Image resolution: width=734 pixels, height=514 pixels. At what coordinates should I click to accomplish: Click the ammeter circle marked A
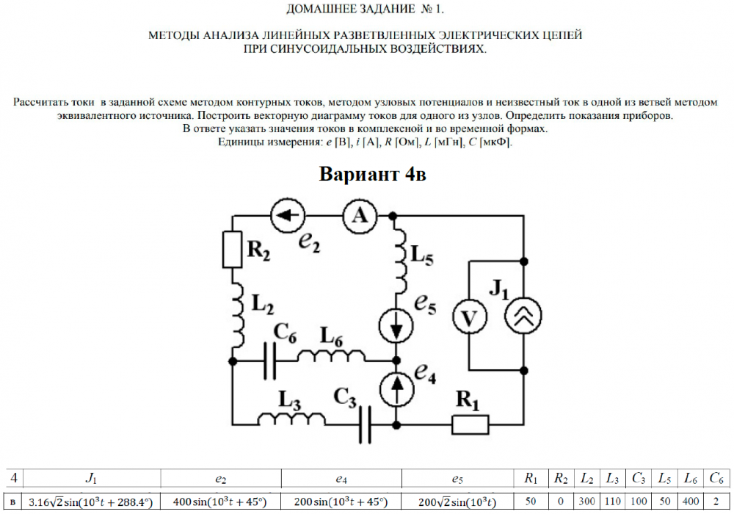(359, 215)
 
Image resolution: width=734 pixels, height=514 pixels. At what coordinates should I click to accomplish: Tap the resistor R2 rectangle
(232, 250)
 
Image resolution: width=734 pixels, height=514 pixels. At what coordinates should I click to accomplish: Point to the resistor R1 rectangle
(470, 424)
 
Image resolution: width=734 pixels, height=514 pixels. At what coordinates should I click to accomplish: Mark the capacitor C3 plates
(366, 424)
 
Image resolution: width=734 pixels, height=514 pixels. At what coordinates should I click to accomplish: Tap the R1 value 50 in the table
(530, 502)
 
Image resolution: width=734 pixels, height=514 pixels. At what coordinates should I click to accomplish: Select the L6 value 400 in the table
(690, 502)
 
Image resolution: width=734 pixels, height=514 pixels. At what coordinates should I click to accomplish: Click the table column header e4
(341, 479)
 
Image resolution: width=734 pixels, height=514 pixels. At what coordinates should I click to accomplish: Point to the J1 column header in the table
(91, 479)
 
